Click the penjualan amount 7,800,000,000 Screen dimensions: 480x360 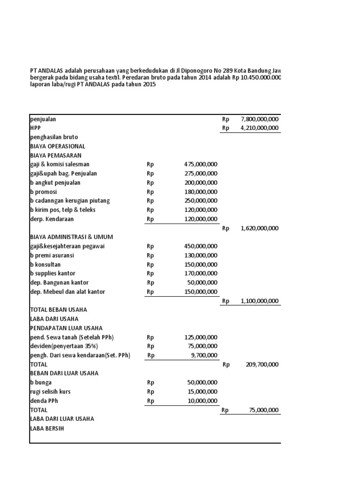point(259,119)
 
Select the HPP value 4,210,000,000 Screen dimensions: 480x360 point(259,128)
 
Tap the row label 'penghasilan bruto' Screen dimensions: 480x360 point(54,137)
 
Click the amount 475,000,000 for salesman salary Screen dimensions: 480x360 point(201,165)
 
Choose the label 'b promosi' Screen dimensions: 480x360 point(44,192)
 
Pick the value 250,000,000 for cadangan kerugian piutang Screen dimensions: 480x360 point(201,201)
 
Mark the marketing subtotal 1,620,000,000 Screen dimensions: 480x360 point(259,228)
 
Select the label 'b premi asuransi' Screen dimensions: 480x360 point(52,255)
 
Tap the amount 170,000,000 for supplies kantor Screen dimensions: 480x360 point(201,273)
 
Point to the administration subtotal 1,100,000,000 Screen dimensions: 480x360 point(259,301)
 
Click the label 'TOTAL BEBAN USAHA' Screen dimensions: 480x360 point(59,310)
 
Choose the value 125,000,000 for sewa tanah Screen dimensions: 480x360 point(201,337)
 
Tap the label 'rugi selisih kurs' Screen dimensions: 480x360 point(51,391)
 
